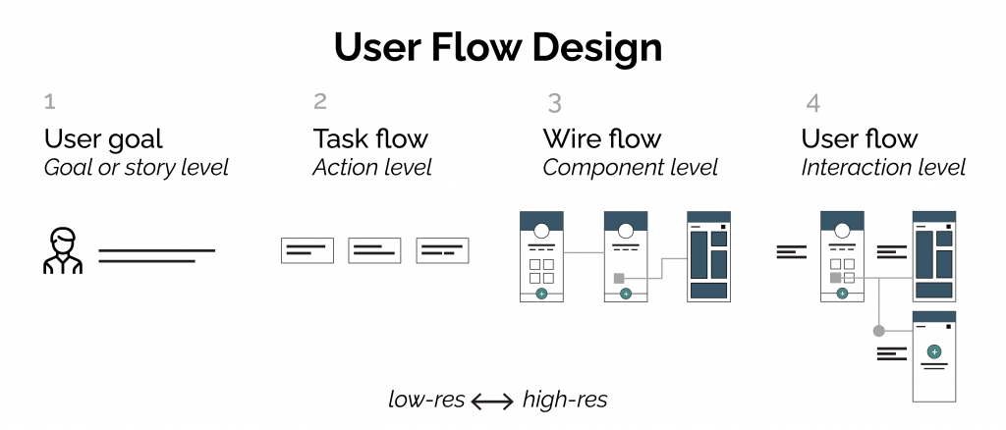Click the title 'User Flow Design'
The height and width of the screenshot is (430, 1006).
[x=497, y=47]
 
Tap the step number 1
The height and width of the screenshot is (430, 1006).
[x=50, y=101]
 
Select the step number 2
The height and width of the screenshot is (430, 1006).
[x=320, y=101]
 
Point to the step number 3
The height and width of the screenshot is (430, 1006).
[x=555, y=102]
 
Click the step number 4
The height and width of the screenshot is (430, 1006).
[x=812, y=102]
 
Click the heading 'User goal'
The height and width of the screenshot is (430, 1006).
[x=103, y=138]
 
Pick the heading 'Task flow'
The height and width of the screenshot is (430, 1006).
[x=370, y=138]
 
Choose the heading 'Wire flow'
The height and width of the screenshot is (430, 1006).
[x=602, y=138]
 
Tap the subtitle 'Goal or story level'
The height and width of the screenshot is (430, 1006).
[x=136, y=168]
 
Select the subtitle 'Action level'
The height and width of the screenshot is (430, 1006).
[x=372, y=168]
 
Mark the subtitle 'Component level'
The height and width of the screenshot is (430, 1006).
[x=630, y=168]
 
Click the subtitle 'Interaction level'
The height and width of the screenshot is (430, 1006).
[x=883, y=168]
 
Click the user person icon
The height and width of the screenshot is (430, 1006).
[x=63, y=250]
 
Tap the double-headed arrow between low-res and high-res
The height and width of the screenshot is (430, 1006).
[x=491, y=401]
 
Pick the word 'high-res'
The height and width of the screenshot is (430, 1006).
[x=565, y=400]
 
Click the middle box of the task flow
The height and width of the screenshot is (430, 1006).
[x=374, y=251]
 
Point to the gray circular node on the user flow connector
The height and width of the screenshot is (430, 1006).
[x=878, y=331]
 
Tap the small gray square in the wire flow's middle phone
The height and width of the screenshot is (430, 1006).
[x=619, y=278]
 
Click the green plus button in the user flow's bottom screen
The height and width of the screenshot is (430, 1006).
[x=934, y=350]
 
